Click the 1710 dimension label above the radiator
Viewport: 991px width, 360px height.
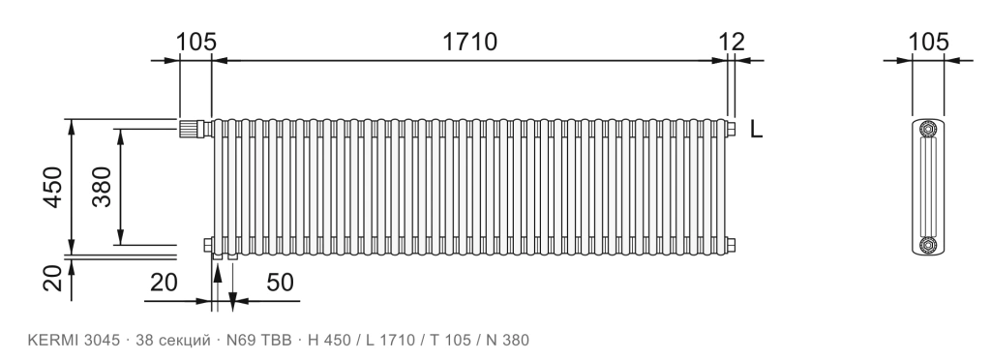click(469, 42)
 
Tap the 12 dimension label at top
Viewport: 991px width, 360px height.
click(732, 42)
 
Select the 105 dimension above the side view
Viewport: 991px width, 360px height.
click(928, 42)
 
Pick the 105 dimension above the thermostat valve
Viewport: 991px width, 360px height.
click(195, 42)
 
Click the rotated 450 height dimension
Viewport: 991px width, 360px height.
click(52, 187)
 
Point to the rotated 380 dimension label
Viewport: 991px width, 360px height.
click(101, 187)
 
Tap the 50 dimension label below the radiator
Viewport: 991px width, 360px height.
click(280, 283)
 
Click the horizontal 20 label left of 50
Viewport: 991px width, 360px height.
click(164, 283)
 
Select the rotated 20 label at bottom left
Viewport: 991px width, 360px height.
click(52, 278)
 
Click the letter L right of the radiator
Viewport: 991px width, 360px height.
click(756, 130)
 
